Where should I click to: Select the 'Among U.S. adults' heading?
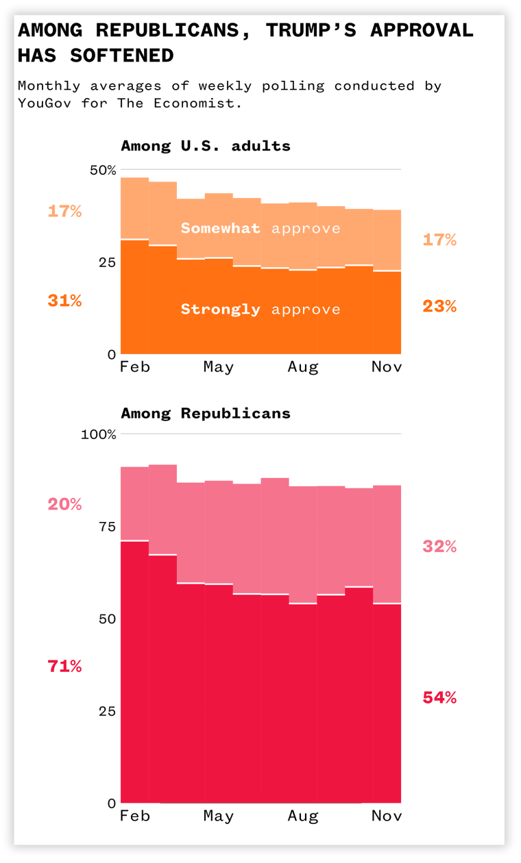point(206,146)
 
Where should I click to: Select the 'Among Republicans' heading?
point(206,413)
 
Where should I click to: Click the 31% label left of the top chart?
point(64,300)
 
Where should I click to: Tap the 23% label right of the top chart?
point(439,306)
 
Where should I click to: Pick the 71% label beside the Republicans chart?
point(64,666)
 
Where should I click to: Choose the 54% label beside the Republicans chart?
point(439,698)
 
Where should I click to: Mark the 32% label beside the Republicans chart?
point(439,547)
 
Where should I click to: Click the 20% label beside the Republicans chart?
point(64,504)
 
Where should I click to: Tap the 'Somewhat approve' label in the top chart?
point(260,228)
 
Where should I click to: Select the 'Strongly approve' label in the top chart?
point(260,309)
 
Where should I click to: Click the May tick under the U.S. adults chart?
point(219,367)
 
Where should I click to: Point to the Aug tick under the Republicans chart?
point(303,816)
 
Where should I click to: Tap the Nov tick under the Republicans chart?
point(387,816)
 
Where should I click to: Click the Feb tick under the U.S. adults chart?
point(135,367)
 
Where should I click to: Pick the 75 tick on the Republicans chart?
point(106,527)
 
